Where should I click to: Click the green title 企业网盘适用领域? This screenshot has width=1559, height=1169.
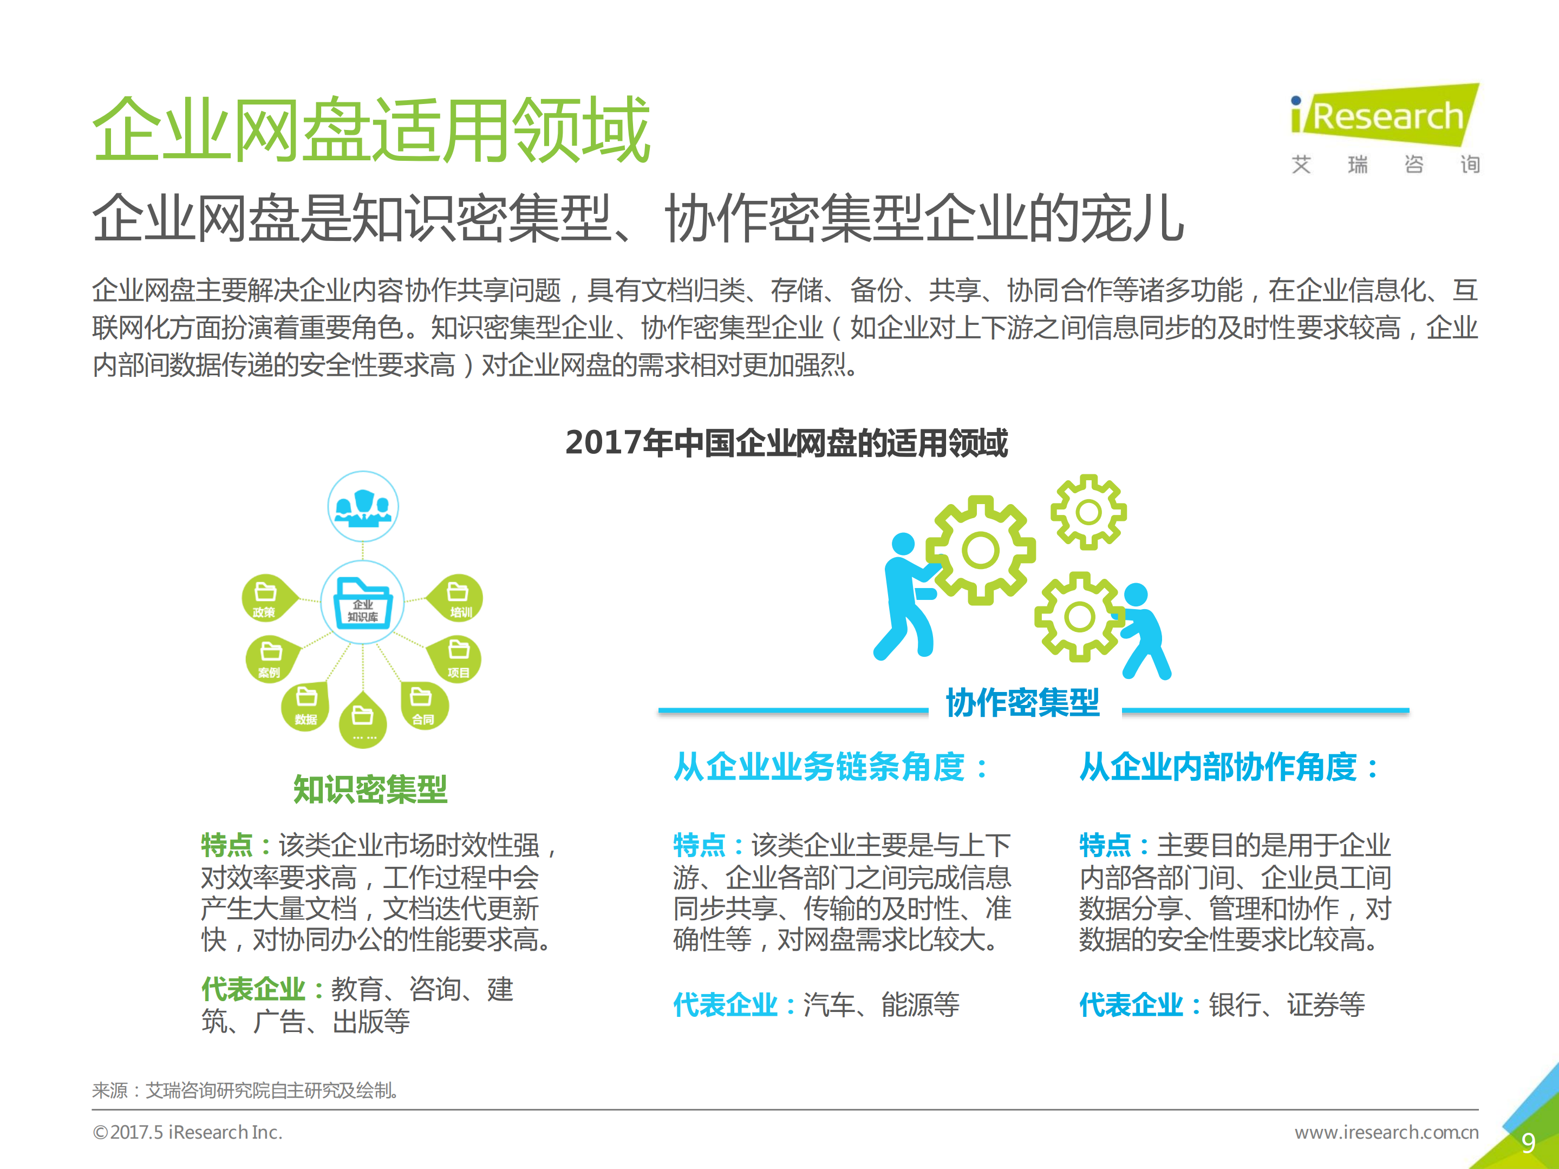pos(371,130)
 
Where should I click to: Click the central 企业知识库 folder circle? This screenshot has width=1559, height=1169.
pos(362,602)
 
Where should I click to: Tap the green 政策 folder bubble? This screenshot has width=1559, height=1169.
pos(266,598)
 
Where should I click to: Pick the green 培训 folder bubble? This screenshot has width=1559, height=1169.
pos(459,598)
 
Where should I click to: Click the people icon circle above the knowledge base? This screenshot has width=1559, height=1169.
pos(363,506)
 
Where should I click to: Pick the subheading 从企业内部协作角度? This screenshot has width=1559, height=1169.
pos(1229,767)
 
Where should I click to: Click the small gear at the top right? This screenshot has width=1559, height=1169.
pos(1088,512)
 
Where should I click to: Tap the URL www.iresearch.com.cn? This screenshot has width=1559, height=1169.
pos(1386,1132)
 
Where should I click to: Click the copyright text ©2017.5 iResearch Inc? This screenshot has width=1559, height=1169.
pos(187,1132)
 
